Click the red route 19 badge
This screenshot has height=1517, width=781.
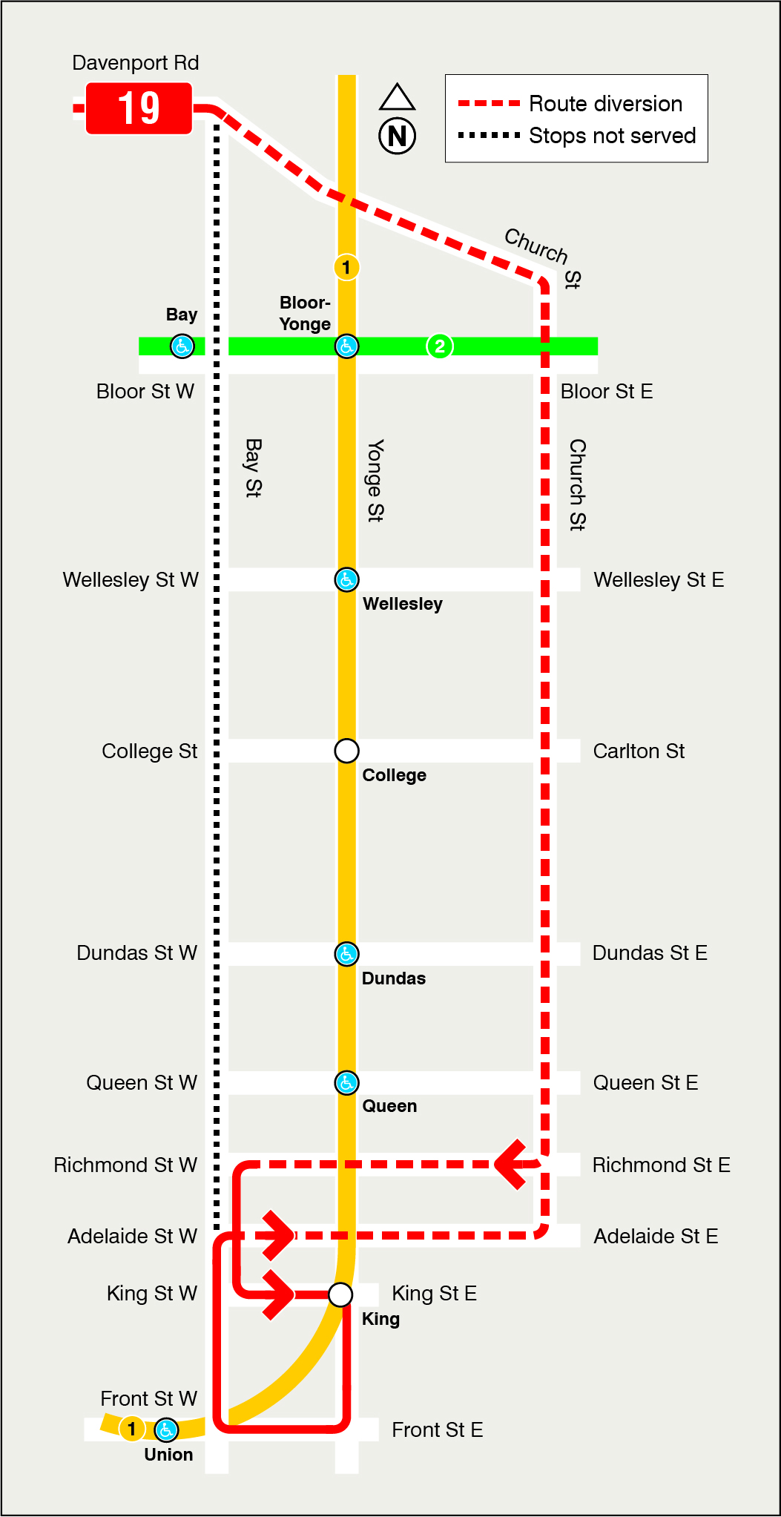[139, 108]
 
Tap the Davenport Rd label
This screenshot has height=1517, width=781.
[135, 63]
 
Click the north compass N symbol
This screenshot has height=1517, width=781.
[397, 135]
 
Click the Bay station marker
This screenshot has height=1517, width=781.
[182, 346]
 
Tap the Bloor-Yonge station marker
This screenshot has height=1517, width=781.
[346, 346]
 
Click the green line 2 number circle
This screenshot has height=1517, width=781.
[440, 346]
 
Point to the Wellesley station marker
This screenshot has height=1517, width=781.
[346, 579]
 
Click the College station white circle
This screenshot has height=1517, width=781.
[346, 751]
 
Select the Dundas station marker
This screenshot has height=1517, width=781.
[346, 954]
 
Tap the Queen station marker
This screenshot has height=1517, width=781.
[346, 1083]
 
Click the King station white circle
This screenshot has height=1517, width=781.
[340, 1294]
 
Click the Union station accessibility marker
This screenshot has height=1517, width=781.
[166, 1429]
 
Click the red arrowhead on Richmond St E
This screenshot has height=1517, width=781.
[512, 1165]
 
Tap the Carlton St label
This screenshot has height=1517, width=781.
[639, 751]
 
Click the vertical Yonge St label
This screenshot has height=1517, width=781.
[376, 481]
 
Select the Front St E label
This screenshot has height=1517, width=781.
[437, 1430]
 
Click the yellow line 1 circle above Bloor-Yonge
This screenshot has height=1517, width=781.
[346, 267]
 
